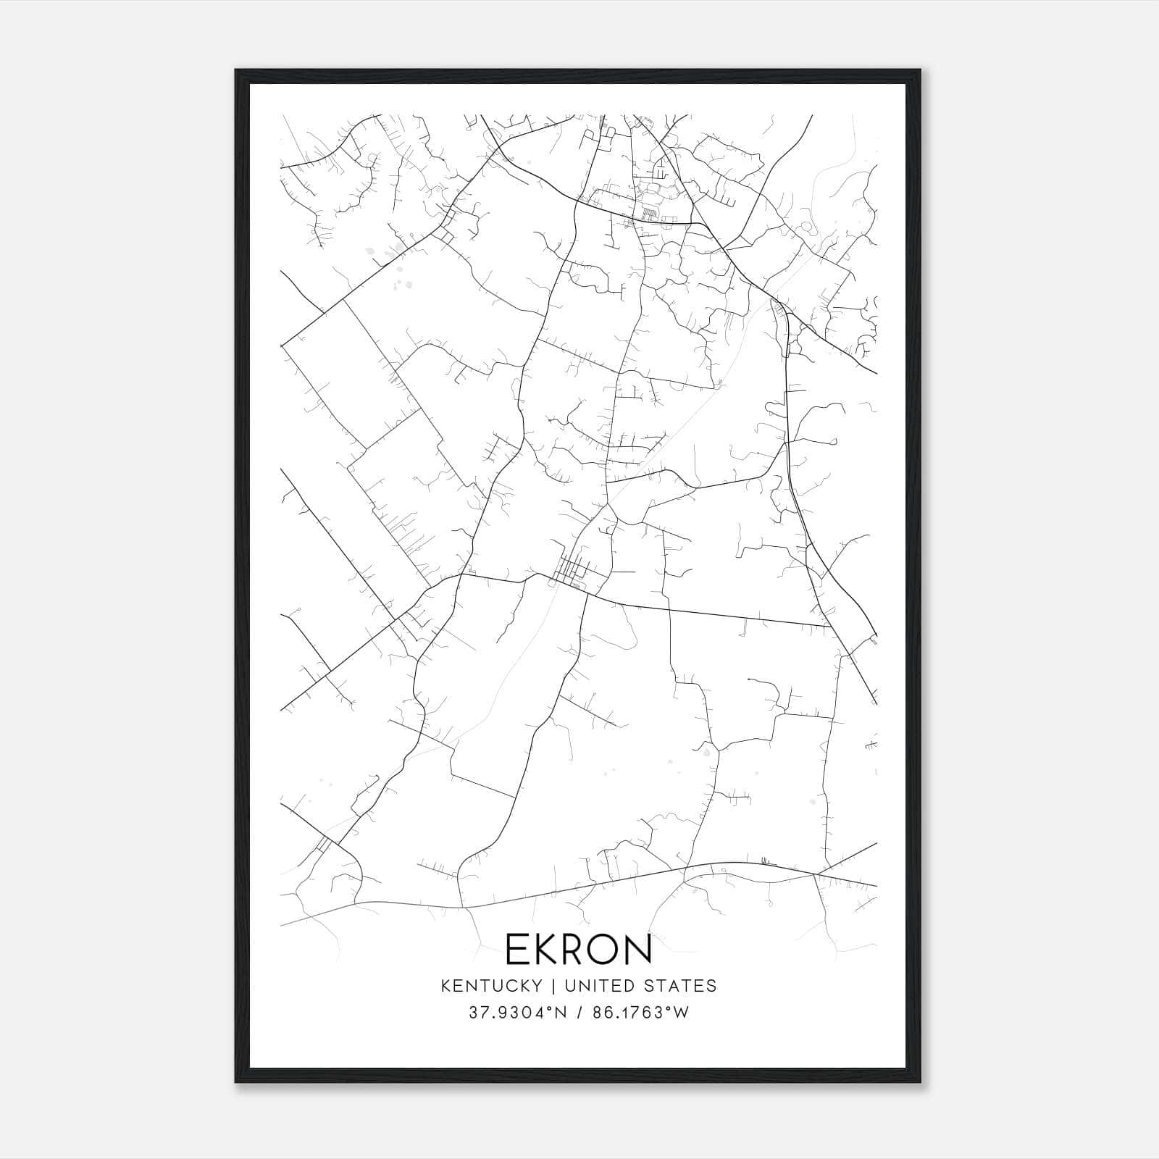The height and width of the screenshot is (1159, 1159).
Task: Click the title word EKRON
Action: [x=578, y=950]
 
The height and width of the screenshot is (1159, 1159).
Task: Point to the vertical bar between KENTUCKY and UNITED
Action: [x=553, y=986]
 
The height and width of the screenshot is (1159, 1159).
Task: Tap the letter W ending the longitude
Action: [x=681, y=1013]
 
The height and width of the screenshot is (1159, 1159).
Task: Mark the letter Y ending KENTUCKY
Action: [x=537, y=986]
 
